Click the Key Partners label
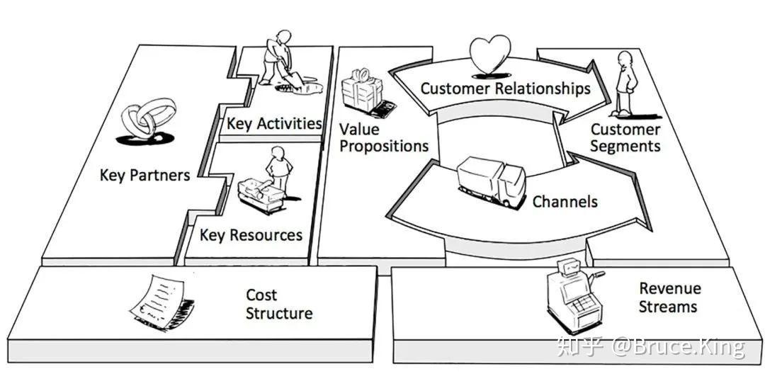144,175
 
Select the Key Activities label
273,123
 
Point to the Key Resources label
251,235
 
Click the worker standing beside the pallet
278,171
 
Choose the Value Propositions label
383,138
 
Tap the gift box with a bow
362,91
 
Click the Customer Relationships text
505,89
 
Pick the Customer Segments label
625,138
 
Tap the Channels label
565,202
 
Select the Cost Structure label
279,304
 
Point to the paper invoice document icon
159,302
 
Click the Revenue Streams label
669,297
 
